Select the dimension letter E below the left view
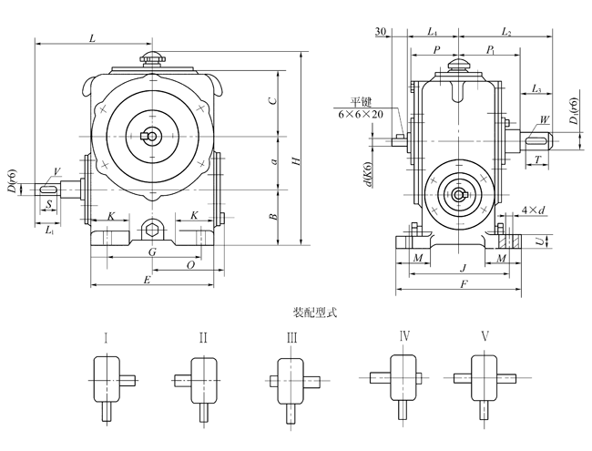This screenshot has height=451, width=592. (148, 280)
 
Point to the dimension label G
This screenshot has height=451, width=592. (151, 251)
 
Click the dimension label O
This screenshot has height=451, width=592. (189, 266)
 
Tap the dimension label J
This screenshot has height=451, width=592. (464, 268)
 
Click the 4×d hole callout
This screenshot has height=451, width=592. (534, 211)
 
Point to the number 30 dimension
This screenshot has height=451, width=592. (381, 32)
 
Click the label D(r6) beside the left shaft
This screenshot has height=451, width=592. (11, 181)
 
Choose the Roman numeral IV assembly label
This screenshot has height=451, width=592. (403, 335)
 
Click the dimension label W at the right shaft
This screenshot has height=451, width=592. (544, 120)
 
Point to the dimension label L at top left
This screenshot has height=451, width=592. (94, 37)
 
